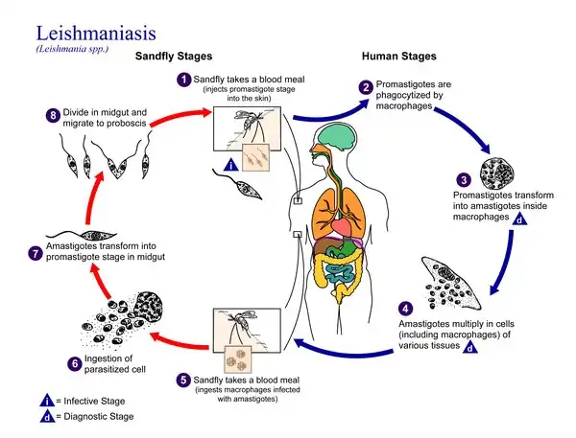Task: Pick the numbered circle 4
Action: (404, 309)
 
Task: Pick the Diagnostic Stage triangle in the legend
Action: (19, 417)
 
